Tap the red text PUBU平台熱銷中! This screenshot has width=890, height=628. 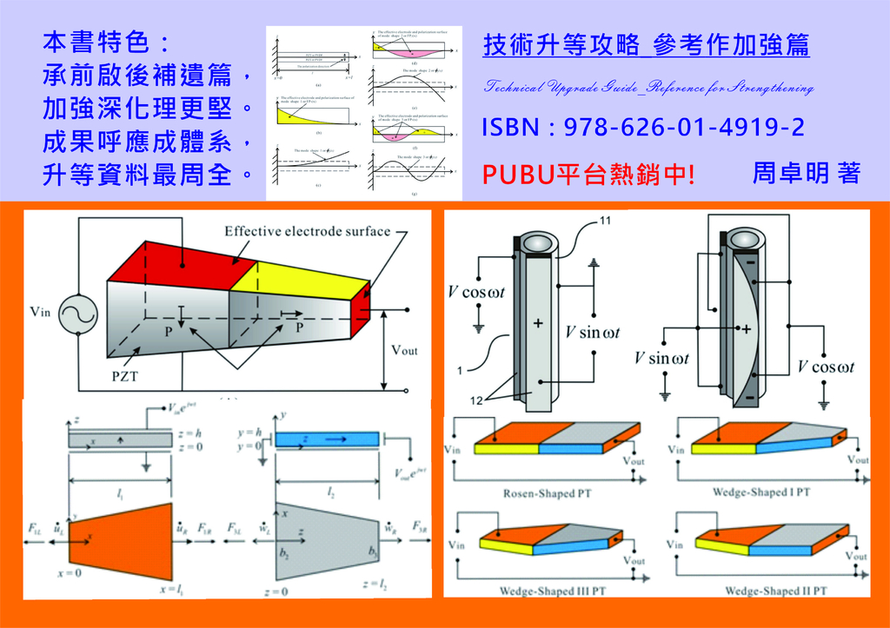589,175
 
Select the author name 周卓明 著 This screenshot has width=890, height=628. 806,173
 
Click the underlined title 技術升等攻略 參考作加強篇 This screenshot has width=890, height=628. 646,46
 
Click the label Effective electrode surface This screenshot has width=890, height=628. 307,231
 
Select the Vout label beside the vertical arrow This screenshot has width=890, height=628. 403,350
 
